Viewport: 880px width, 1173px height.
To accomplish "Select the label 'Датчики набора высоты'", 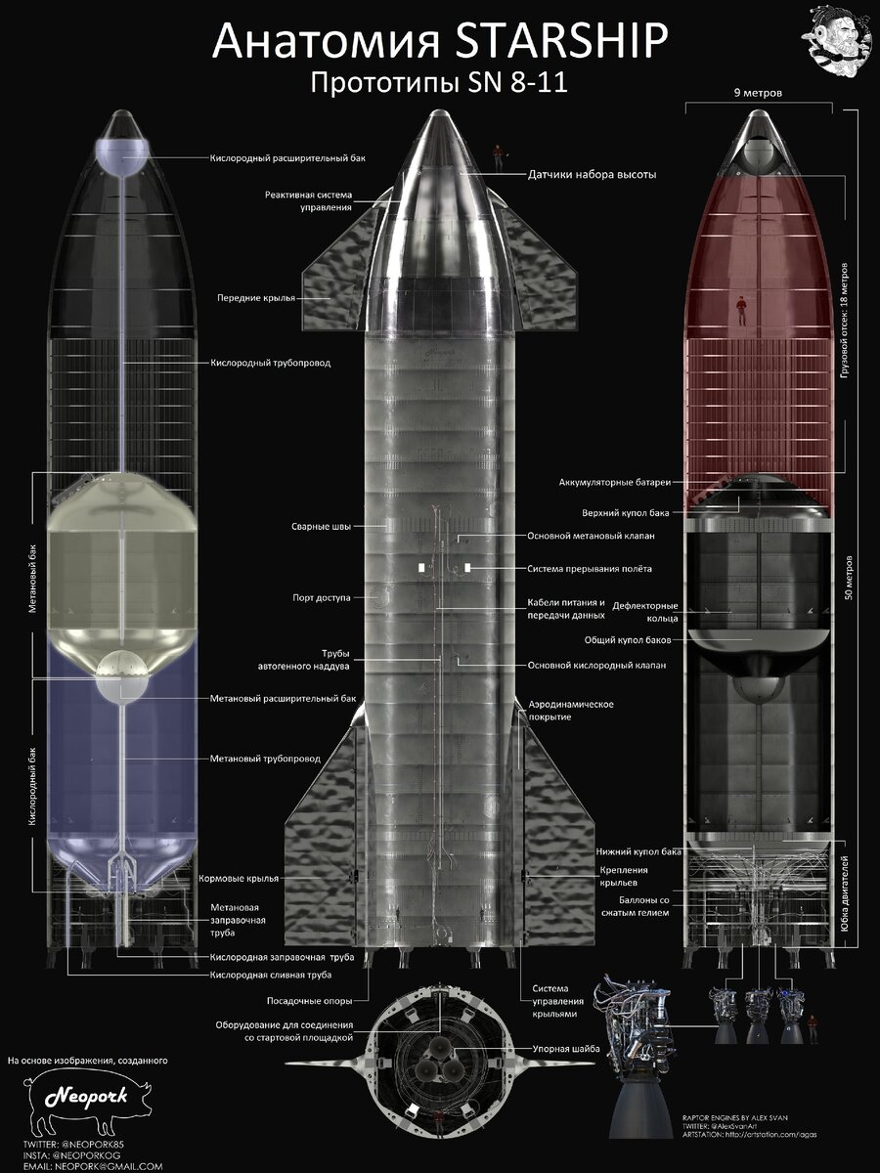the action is (x=592, y=174).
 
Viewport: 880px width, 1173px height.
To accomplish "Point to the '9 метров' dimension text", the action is (x=762, y=93).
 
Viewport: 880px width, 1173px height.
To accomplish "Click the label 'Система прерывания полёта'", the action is (x=589, y=568).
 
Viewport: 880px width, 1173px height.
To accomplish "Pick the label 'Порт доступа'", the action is (x=322, y=596).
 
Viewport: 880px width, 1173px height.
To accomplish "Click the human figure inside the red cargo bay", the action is (x=742, y=310).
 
